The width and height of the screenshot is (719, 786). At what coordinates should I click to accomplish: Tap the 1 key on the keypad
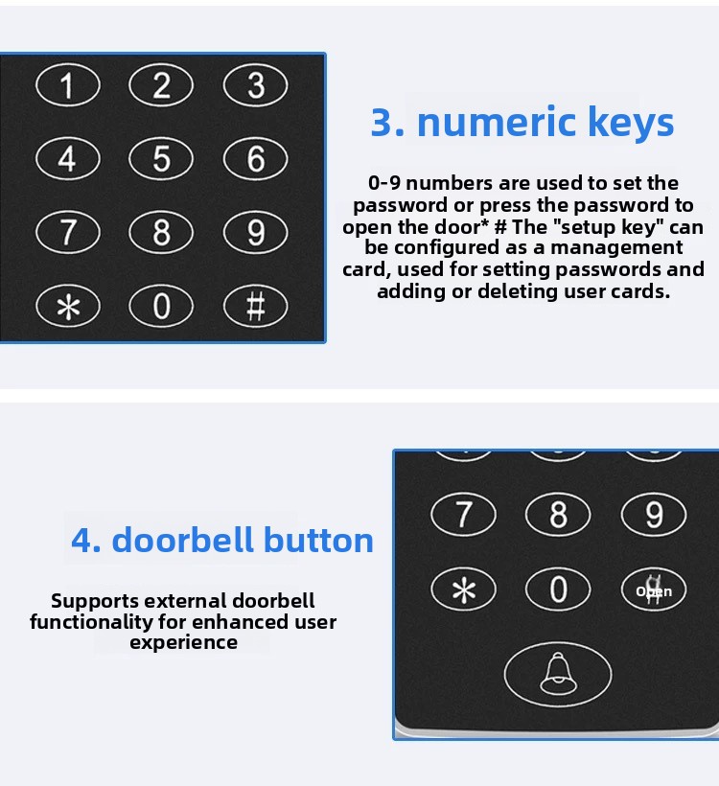pyautogui.click(x=68, y=85)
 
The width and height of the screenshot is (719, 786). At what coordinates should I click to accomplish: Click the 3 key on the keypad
pyautogui.click(x=256, y=85)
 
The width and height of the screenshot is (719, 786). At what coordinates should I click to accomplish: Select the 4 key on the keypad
pyautogui.click(x=68, y=159)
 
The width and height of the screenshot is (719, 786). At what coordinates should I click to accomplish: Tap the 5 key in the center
pyautogui.click(x=161, y=159)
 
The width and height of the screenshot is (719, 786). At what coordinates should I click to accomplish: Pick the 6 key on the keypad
pyautogui.click(x=256, y=159)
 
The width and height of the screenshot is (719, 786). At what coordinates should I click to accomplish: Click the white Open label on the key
pyautogui.click(x=654, y=591)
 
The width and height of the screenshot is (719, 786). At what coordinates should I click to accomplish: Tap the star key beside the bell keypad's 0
pyautogui.click(x=464, y=589)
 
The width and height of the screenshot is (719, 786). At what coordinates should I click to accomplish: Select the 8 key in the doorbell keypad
pyautogui.click(x=558, y=515)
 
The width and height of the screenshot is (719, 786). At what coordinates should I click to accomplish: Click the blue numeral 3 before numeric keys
pyautogui.click(x=387, y=123)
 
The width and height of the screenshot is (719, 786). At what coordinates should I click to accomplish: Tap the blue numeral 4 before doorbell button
pyautogui.click(x=86, y=541)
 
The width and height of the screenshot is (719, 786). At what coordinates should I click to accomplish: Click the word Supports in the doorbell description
pyautogui.click(x=95, y=601)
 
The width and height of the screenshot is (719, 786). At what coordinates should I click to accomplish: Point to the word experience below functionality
pyautogui.click(x=183, y=642)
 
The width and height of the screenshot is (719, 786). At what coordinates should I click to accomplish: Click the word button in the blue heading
pyautogui.click(x=318, y=541)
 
